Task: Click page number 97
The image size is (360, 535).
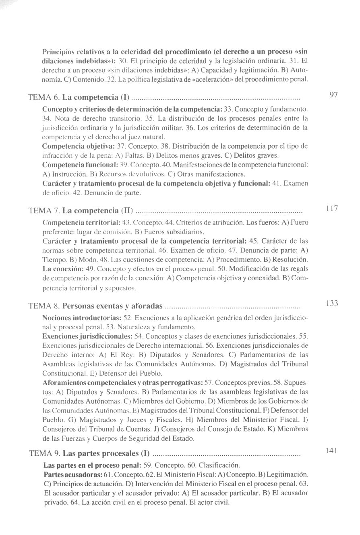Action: tap(333, 95)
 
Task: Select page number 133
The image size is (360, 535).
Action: tap(332, 303)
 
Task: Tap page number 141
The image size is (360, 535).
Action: tap(332, 450)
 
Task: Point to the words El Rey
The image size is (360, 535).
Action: tap(102, 355)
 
